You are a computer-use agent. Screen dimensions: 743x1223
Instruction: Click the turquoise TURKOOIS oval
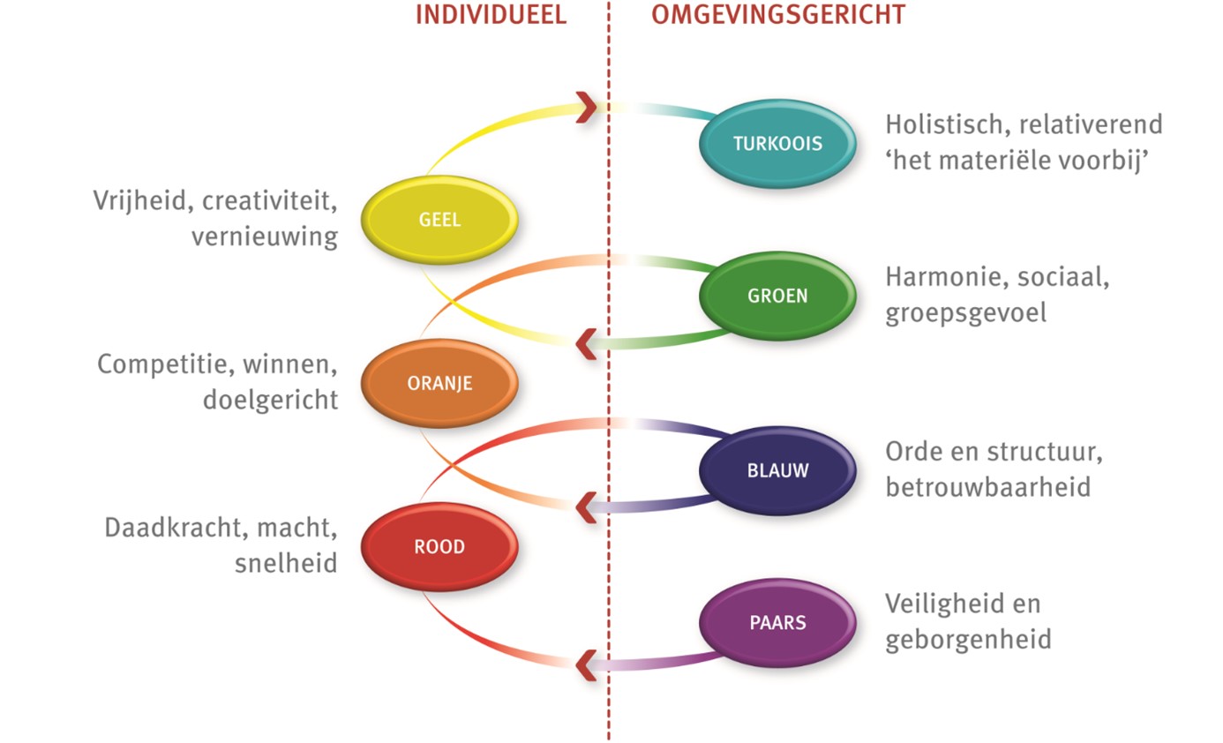tap(777, 143)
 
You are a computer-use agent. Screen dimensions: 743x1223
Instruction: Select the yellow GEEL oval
tap(439, 220)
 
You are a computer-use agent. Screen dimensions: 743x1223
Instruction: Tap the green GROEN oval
tap(777, 296)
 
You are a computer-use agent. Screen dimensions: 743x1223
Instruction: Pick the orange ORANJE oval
tap(439, 383)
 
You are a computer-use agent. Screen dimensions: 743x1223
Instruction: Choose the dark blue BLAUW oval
tap(777, 470)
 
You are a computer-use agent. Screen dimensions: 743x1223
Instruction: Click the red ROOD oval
tap(439, 547)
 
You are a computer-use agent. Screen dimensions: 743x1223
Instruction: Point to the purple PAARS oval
tap(777, 622)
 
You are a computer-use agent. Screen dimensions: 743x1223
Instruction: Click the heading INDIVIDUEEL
tap(491, 15)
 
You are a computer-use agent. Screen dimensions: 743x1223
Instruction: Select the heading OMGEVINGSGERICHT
tap(778, 15)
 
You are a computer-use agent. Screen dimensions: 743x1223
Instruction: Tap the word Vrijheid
tap(143, 201)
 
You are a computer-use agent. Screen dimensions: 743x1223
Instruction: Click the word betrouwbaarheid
tap(987, 486)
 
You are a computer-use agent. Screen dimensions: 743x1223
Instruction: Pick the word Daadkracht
tap(173, 528)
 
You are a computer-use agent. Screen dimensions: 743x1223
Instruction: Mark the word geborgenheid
tap(968, 639)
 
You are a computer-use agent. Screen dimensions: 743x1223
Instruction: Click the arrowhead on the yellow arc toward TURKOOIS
tap(586, 108)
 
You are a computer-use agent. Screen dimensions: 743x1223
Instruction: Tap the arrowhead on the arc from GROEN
tap(586, 343)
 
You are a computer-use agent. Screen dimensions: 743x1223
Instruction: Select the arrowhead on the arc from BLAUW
tap(586, 507)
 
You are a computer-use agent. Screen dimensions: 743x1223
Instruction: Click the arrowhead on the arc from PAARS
tap(586, 664)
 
